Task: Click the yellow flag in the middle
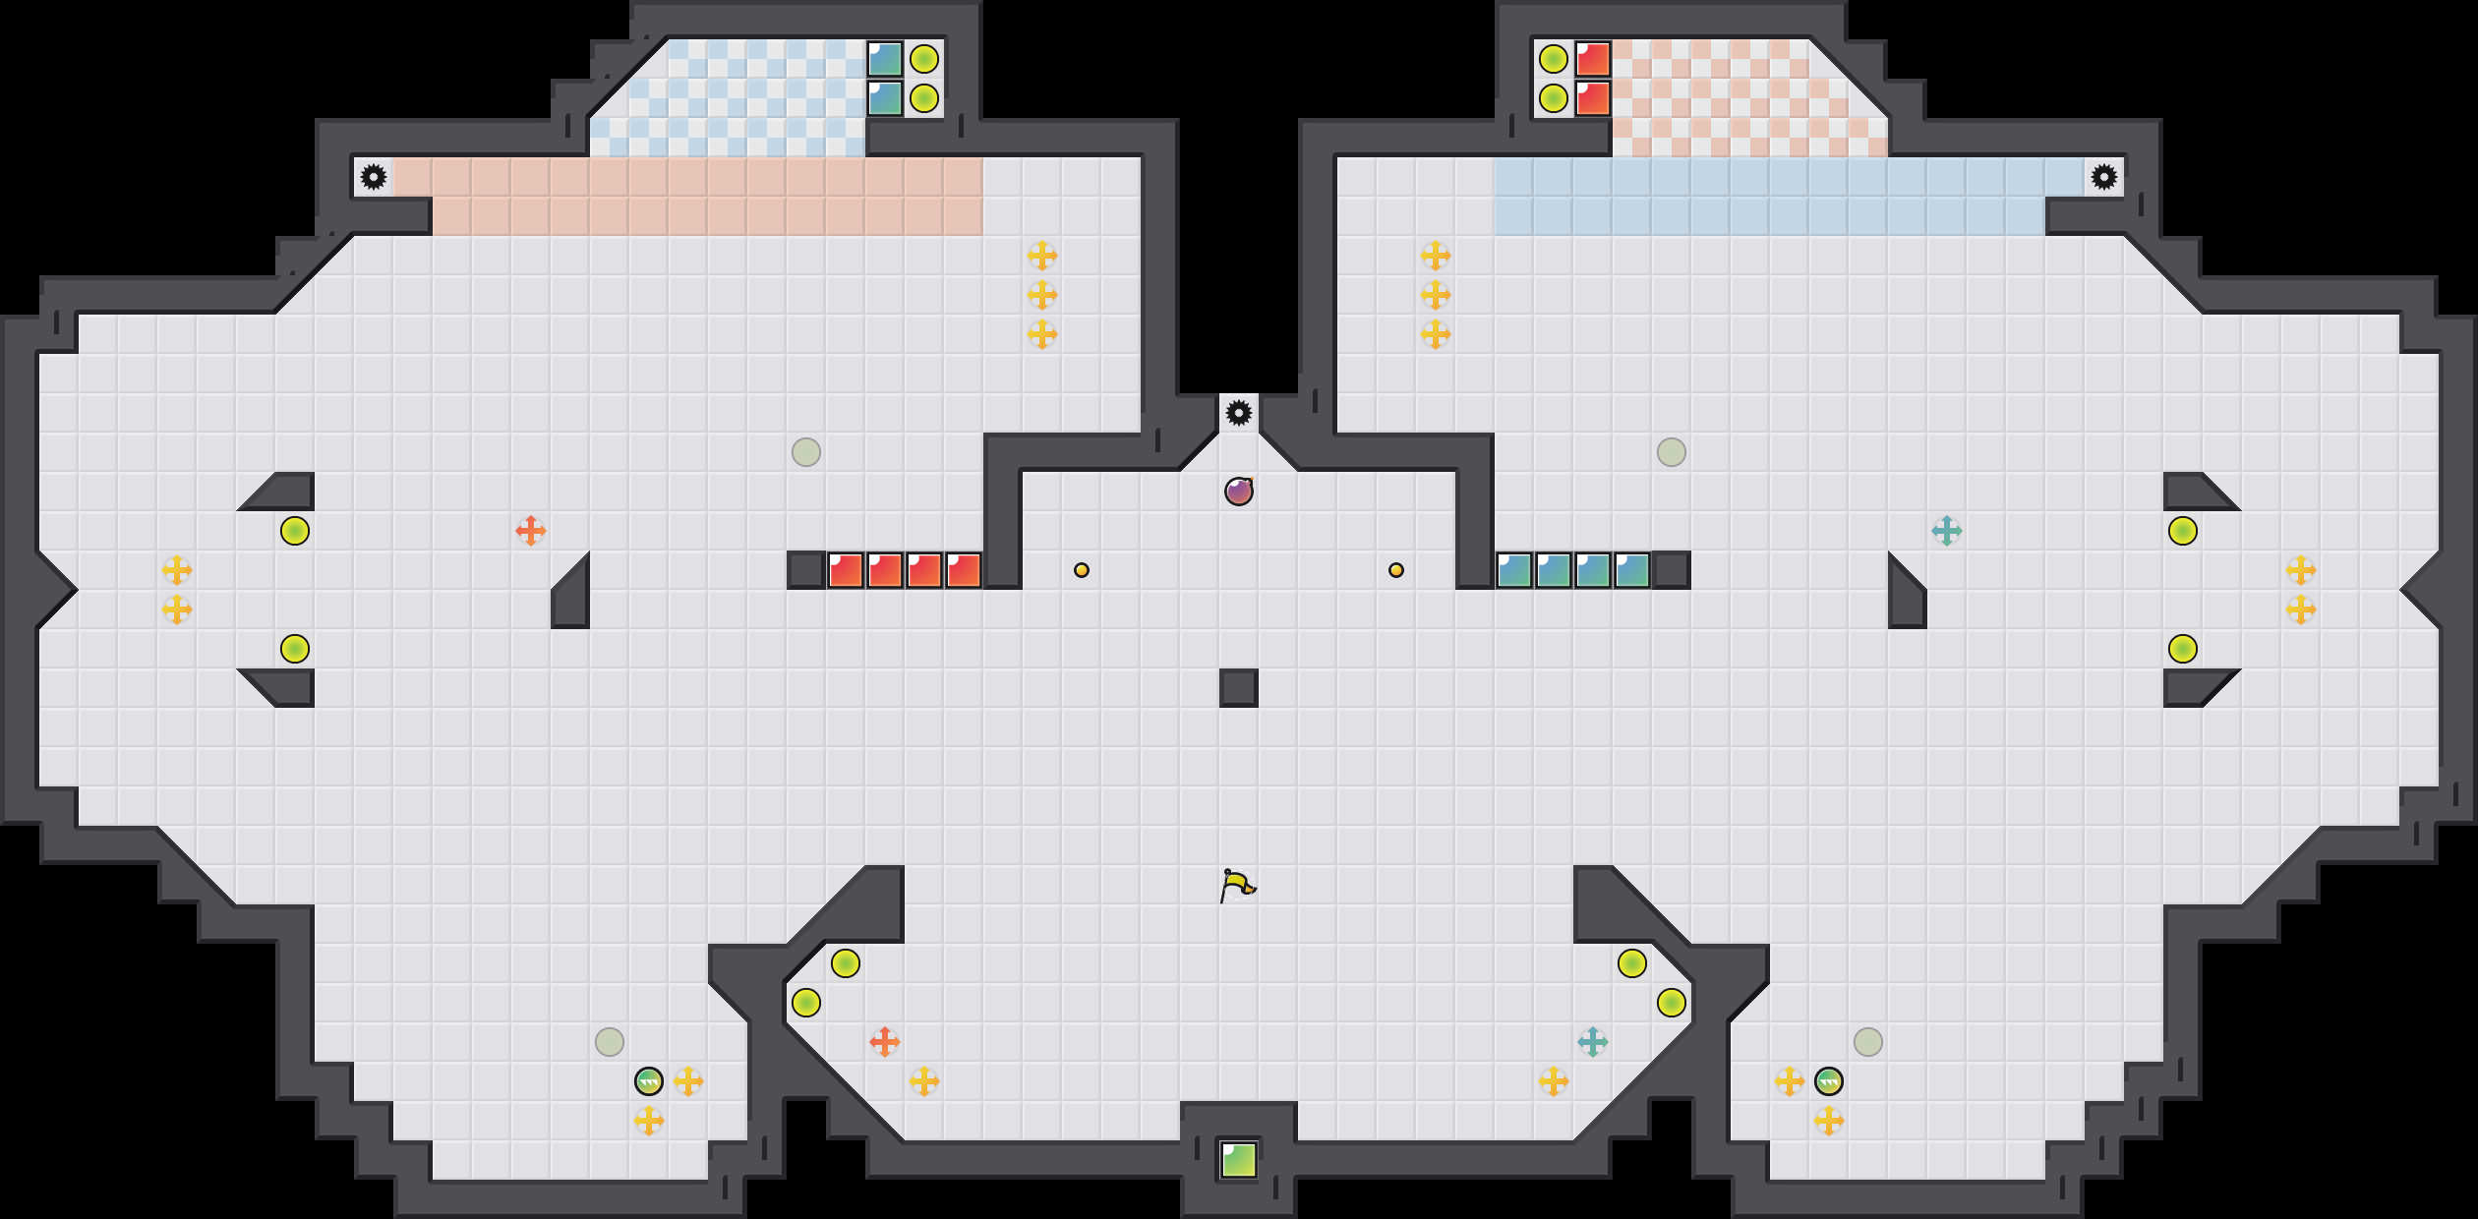pyautogui.click(x=1237, y=885)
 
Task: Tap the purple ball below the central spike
pyautogui.click(x=1238, y=491)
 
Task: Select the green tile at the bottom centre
pyautogui.click(x=1238, y=1159)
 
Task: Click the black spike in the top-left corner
pyautogui.click(x=374, y=177)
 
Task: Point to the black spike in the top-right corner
pyautogui.click(x=2103, y=177)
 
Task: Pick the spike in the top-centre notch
pyautogui.click(x=1238, y=413)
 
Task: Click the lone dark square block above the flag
pyautogui.click(x=1238, y=687)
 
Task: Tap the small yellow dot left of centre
pyautogui.click(x=1081, y=570)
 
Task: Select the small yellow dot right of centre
pyautogui.click(x=1395, y=570)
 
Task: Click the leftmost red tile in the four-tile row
pyautogui.click(x=846, y=570)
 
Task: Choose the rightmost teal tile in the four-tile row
pyautogui.click(x=1632, y=570)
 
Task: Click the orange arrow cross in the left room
pyautogui.click(x=531, y=531)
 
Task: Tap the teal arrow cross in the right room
pyautogui.click(x=1946, y=531)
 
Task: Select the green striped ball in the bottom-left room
pyautogui.click(x=649, y=1081)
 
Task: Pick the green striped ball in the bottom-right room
pyautogui.click(x=1828, y=1081)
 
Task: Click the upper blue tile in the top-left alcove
pyautogui.click(x=885, y=59)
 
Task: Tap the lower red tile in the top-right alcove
pyautogui.click(x=1593, y=98)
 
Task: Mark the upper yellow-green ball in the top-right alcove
pyautogui.click(x=1554, y=59)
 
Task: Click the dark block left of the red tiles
pyautogui.click(x=806, y=570)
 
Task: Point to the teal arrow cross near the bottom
pyautogui.click(x=1592, y=1041)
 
